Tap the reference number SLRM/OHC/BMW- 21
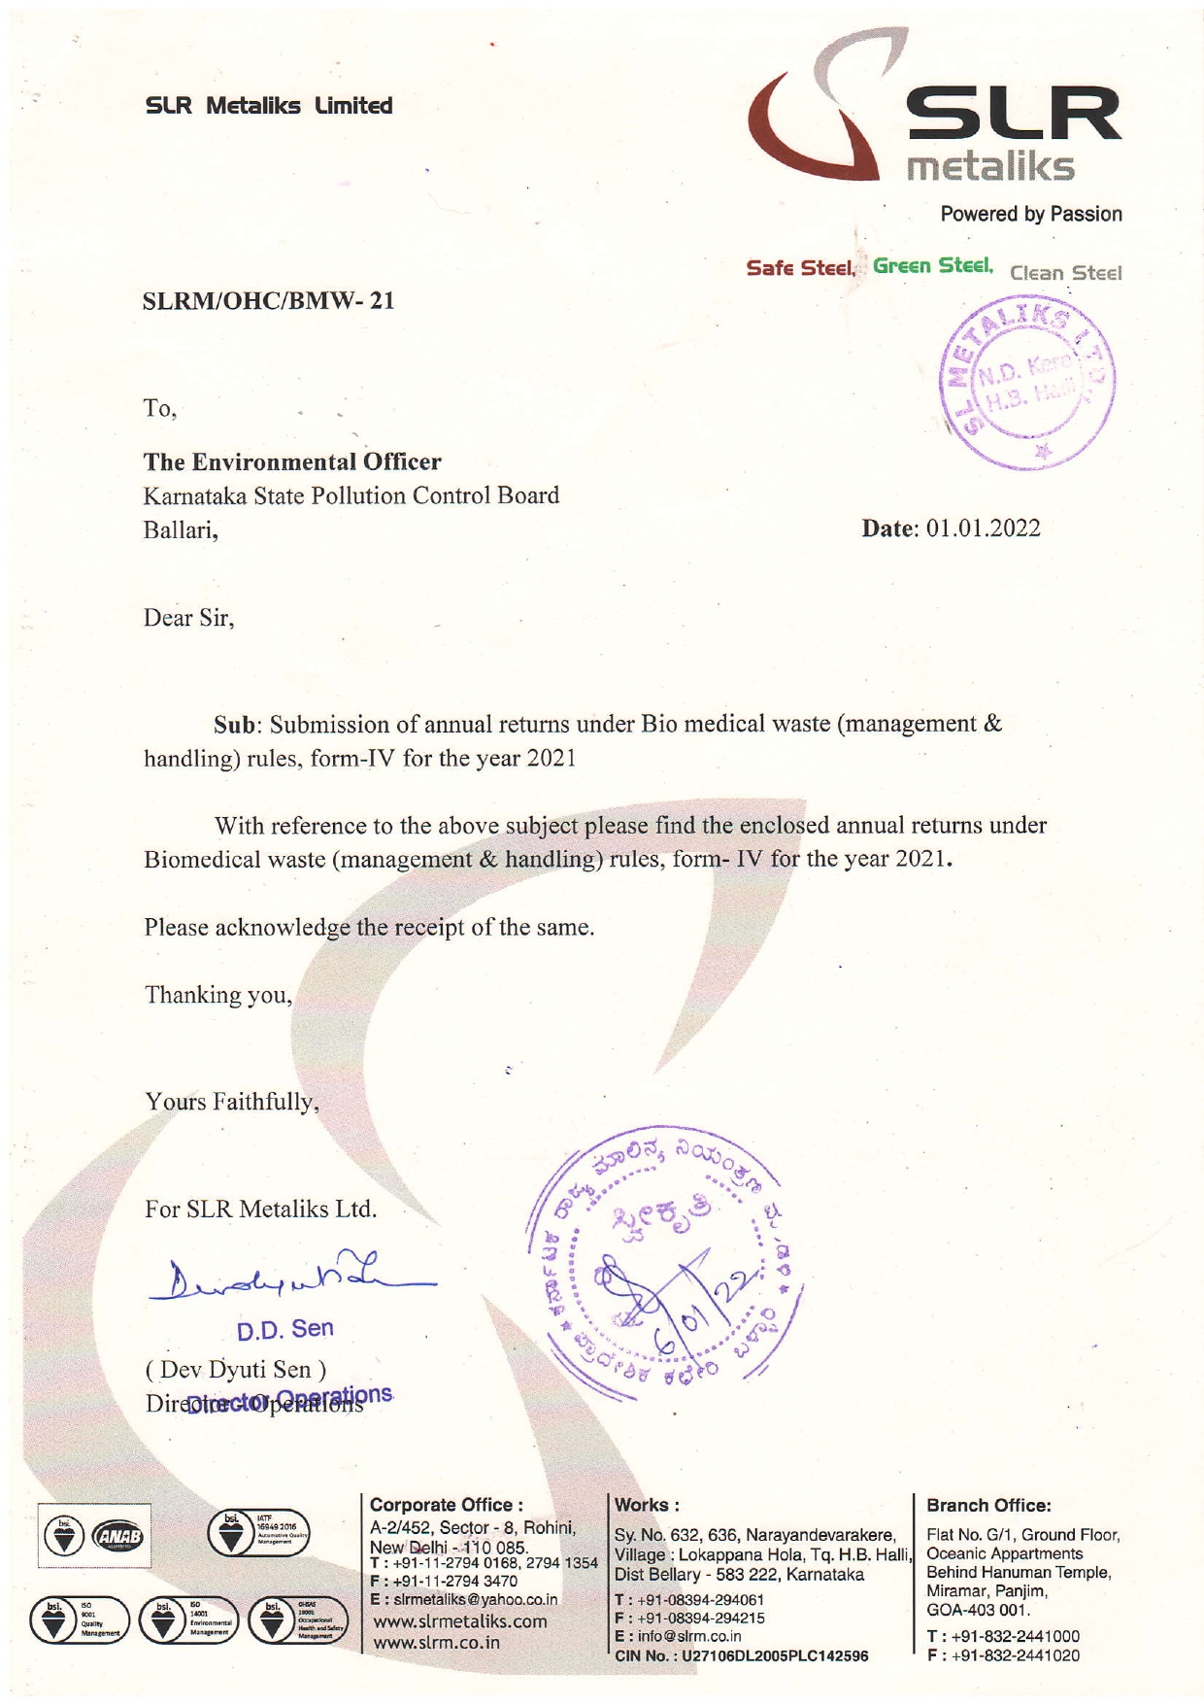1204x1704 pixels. pos(269,301)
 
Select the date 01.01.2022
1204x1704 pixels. pos(984,528)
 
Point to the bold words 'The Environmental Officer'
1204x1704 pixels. pos(292,462)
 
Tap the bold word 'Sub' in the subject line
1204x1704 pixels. pos(236,725)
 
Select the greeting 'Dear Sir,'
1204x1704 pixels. pos(189,618)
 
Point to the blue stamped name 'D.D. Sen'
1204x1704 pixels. pos(285,1329)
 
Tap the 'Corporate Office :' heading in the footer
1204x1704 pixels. pos(447,1505)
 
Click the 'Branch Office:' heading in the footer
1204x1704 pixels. pos(988,1506)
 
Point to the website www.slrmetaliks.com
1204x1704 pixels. pos(460,1621)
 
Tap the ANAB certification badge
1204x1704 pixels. pos(117,1537)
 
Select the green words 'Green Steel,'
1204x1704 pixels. pos(932,265)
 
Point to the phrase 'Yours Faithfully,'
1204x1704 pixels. pos(232,1103)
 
